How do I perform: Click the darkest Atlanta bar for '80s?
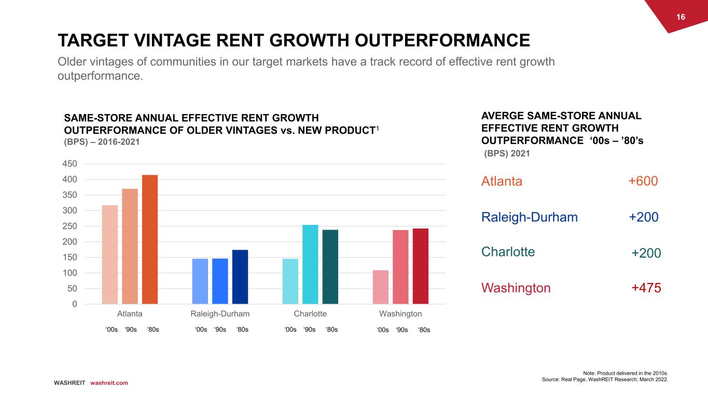pyautogui.click(x=150, y=239)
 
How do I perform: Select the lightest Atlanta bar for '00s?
pyautogui.click(x=110, y=254)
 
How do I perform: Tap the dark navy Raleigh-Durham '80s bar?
pyautogui.click(x=240, y=277)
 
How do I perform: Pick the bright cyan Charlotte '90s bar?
pyautogui.click(x=310, y=264)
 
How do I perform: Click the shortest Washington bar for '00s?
pyautogui.click(x=380, y=287)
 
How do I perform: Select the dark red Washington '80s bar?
pyautogui.click(x=421, y=266)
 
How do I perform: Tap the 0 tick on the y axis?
pyautogui.click(x=74, y=304)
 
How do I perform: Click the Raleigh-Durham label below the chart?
pyautogui.click(x=220, y=314)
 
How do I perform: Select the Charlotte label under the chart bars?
pyautogui.click(x=310, y=314)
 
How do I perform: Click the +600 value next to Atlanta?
pyautogui.click(x=643, y=181)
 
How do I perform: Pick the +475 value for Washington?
pyautogui.click(x=646, y=288)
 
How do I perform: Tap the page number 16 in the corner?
pyautogui.click(x=681, y=17)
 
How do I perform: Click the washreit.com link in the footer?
pyautogui.click(x=109, y=383)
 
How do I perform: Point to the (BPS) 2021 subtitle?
pyautogui.click(x=507, y=154)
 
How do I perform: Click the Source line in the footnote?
pyautogui.click(x=605, y=380)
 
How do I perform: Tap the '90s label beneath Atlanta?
pyautogui.click(x=131, y=330)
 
